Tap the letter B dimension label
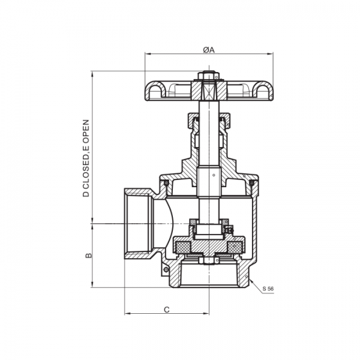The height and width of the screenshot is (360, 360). click(88, 256)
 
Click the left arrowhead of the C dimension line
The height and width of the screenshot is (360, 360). click(127, 314)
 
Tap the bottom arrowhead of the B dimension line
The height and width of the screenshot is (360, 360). click(92, 286)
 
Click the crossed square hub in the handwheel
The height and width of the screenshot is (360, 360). click(209, 92)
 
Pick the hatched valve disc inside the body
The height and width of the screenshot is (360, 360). click(209, 247)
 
